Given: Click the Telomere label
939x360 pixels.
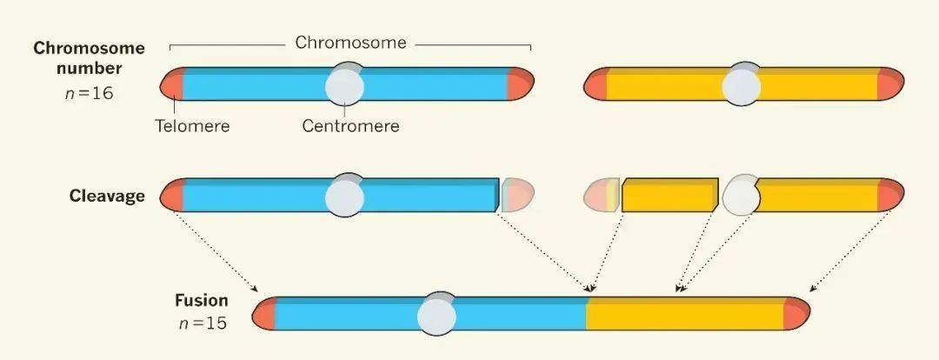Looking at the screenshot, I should [x=192, y=126].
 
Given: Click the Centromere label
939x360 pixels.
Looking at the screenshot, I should [x=350, y=126].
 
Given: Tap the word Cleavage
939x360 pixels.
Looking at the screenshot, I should [x=107, y=197].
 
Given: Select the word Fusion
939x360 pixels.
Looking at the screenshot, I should [x=200, y=301].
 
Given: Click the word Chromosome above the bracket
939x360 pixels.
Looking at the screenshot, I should [x=350, y=43].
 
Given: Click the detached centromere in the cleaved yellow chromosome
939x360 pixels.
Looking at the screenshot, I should [x=741, y=196].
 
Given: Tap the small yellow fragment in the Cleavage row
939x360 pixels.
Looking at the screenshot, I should [x=669, y=196].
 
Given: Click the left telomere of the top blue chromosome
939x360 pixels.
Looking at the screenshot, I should [x=172, y=85].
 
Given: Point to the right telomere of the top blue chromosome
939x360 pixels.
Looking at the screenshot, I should [x=520, y=84].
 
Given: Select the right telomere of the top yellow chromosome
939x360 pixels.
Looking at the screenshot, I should [x=890, y=85].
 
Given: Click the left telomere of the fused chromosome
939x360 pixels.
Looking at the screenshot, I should [x=264, y=314].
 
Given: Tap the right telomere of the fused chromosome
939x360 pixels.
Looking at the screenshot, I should [x=796, y=314].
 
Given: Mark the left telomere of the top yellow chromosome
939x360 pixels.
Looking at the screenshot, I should [x=596, y=85].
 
